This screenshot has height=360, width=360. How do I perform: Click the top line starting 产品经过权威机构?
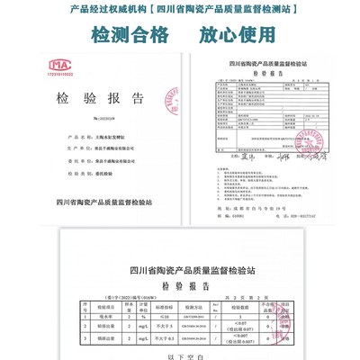(x=180, y=12)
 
